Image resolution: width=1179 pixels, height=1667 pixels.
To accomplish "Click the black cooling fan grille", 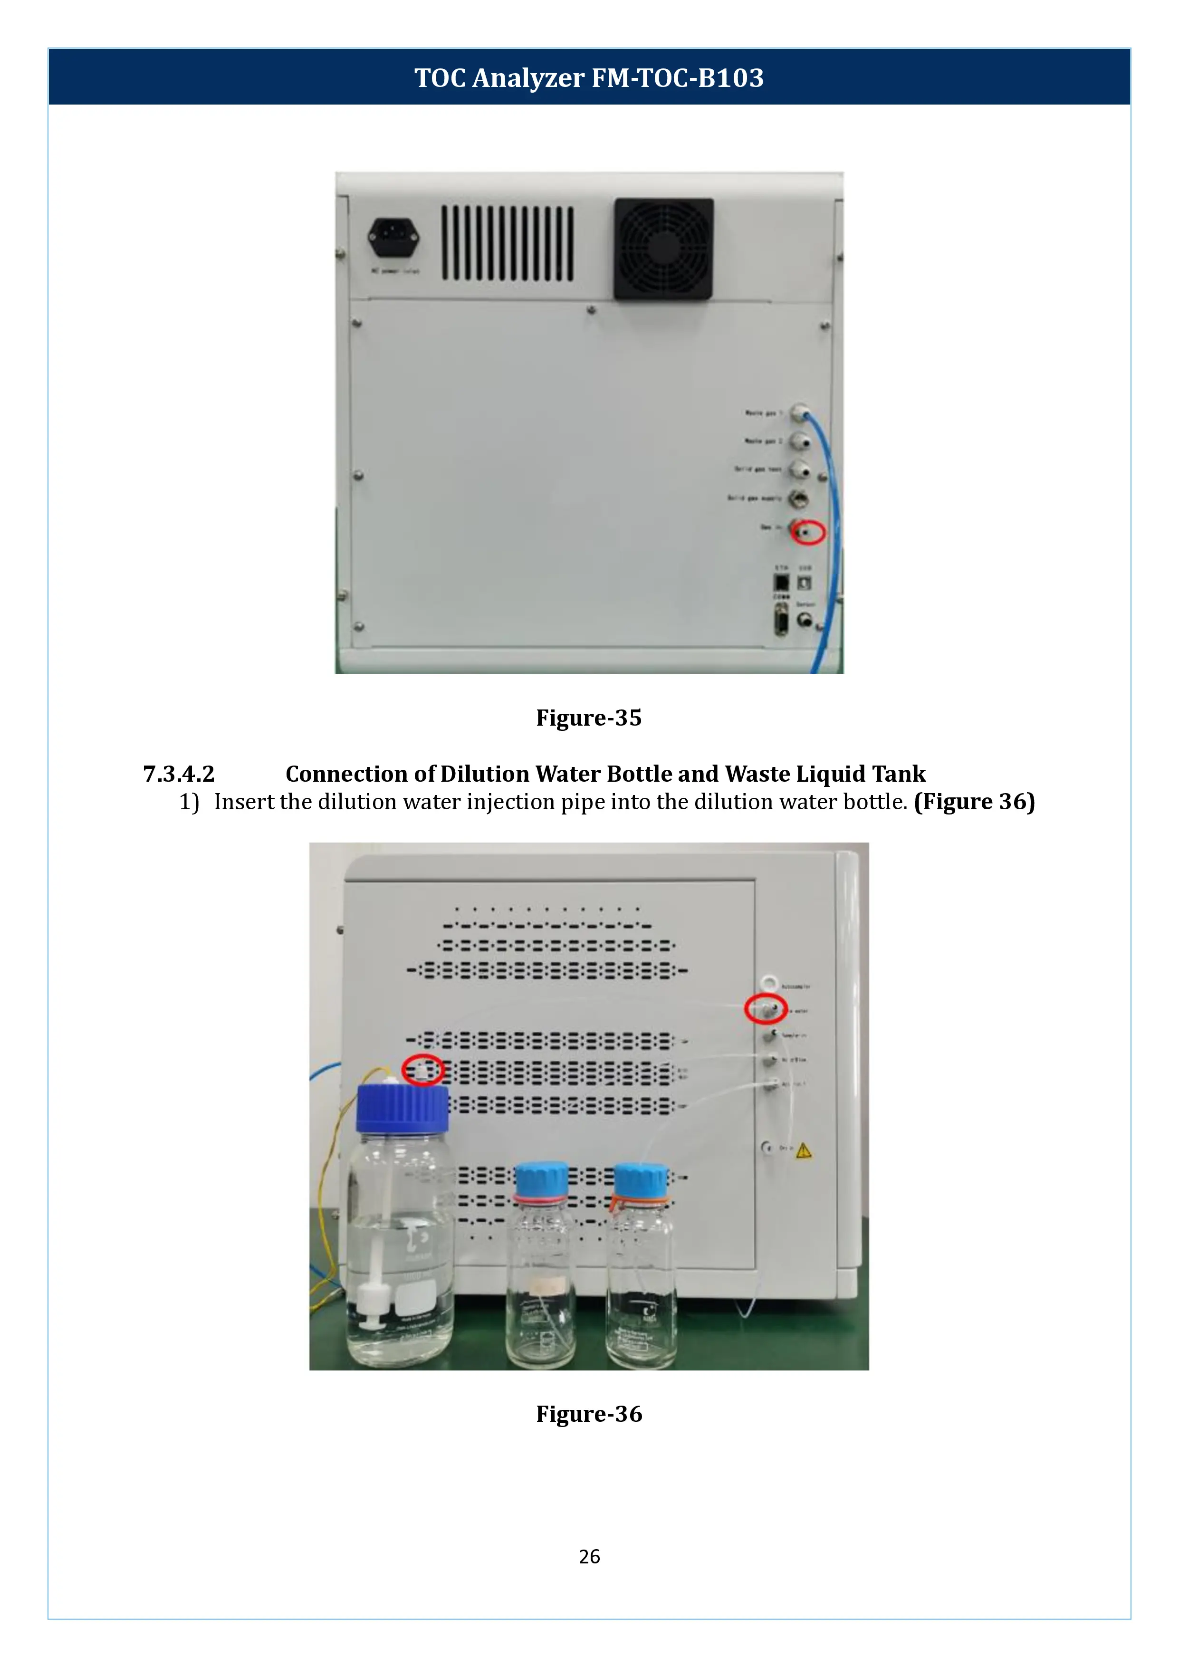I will (x=663, y=249).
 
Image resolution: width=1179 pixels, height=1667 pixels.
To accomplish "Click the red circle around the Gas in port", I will (x=808, y=532).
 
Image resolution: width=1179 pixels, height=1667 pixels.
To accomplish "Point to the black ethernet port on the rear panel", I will (x=781, y=582).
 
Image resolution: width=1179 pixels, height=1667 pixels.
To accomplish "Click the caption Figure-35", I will (x=589, y=718).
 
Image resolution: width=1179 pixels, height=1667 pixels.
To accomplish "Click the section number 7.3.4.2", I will (x=179, y=774).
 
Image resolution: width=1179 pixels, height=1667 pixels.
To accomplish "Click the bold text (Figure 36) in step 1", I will (x=974, y=802).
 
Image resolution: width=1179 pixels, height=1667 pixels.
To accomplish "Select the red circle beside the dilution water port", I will (x=766, y=1009).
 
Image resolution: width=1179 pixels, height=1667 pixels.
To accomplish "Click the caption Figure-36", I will (x=589, y=1414).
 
